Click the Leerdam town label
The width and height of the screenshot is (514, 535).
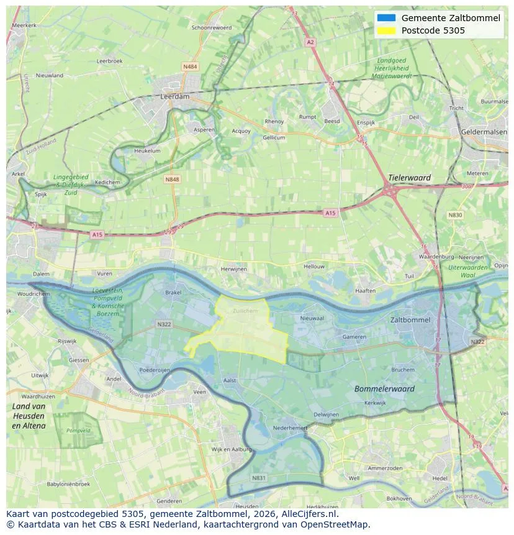click(174, 97)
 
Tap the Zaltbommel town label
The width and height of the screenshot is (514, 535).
click(410, 319)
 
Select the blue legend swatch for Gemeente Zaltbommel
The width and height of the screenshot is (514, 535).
click(385, 18)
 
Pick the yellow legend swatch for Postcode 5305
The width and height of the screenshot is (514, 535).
click(385, 30)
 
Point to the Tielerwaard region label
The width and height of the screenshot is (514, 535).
click(409, 178)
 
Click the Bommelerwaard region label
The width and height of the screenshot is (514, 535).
click(384, 389)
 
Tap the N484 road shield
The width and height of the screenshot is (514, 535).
click(190, 66)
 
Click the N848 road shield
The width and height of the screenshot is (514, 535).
click(172, 179)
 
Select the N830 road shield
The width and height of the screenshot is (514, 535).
click(455, 215)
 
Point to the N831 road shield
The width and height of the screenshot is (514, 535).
click(259, 478)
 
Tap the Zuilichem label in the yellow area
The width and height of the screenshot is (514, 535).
click(245, 310)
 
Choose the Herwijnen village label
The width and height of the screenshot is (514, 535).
click(234, 269)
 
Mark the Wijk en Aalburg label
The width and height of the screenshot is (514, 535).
click(231, 449)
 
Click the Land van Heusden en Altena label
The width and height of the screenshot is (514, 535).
click(29, 416)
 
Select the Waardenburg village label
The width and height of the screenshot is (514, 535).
click(433, 256)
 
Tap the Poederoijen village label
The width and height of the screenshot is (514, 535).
click(154, 369)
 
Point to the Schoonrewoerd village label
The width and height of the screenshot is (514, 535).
click(212, 28)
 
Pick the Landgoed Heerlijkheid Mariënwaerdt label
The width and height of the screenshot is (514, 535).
click(392, 68)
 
